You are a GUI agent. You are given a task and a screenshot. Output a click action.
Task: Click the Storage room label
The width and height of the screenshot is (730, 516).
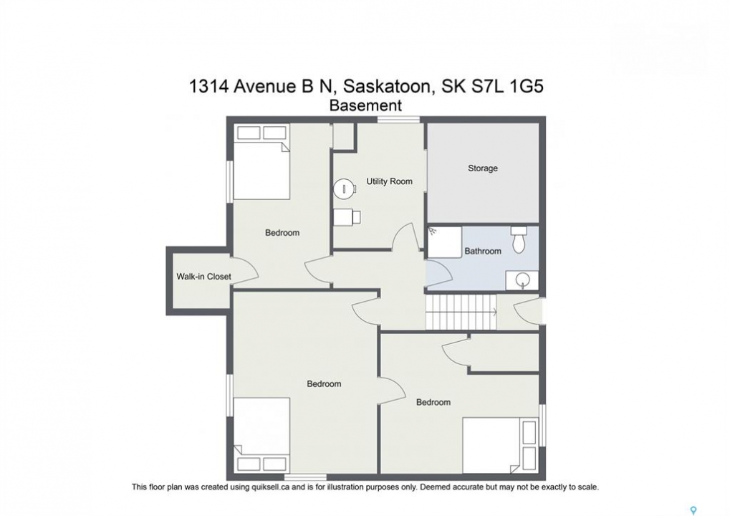click(x=482, y=168)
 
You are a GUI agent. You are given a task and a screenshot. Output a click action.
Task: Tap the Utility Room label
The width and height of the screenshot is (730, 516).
click(x=389, y=181)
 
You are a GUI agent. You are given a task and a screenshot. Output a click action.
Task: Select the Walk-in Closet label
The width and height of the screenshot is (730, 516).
click(x=203, y=276)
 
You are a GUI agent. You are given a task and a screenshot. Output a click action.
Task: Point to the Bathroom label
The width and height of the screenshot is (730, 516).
click(x=483, y=251)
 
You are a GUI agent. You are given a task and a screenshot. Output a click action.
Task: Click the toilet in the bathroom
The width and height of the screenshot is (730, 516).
click(x=518, y=239)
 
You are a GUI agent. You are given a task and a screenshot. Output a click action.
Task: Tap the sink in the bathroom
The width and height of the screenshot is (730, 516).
click(x=522, y=280)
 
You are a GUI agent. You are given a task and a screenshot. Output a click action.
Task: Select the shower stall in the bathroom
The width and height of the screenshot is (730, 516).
click(x=445, y=242)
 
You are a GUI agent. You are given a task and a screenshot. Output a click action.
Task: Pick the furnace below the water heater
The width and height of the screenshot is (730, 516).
click(x=347, y=217)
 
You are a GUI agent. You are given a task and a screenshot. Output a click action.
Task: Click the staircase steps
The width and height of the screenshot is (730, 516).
click(x=461, y=312)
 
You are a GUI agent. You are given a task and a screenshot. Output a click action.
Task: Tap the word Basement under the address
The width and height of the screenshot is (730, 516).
click(x=365, y=106)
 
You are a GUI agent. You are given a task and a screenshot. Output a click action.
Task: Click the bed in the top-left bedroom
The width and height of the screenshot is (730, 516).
click(x=261, y=161)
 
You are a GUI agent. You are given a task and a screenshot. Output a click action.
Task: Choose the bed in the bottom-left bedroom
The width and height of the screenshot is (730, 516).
click(x=261, y=434)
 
